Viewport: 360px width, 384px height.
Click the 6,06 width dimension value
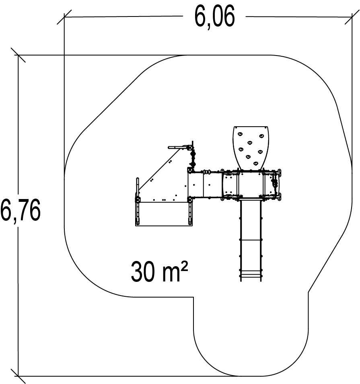click(215, 16)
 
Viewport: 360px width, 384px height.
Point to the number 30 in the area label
click(143, 271)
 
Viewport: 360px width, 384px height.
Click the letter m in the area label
click(171, 274)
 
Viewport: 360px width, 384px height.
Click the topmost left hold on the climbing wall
click(240, 134)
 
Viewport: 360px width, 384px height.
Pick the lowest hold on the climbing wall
click(255, 163)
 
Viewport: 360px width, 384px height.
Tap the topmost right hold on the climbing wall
click(261, 136)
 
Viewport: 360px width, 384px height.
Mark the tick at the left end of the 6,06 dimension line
click(64, 17)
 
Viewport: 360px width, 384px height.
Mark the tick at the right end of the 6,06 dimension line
click(352, 17)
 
